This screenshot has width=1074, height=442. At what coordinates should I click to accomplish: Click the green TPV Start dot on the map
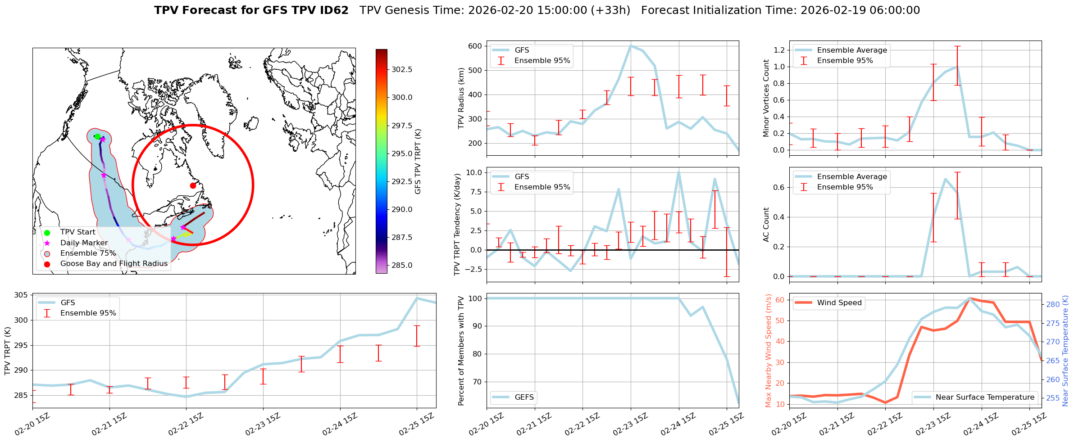(97, 136)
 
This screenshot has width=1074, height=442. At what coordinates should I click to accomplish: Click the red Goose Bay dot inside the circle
(193, 185)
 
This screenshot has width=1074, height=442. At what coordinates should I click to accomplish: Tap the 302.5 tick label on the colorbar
(401, 69)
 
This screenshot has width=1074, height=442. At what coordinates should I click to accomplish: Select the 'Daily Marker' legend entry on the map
(84, 243)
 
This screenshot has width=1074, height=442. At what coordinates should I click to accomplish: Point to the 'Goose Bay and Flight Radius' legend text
(114, 263)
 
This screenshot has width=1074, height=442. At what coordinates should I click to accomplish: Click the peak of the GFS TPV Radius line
(630, 45)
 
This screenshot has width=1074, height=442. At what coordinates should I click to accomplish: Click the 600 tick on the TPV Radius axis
(475, 46)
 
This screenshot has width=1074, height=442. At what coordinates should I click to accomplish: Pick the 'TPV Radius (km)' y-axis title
(461, 98)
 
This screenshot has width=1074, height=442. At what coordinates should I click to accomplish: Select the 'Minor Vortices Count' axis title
(766, 98)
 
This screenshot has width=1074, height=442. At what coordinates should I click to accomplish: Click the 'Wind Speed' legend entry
(839, 302)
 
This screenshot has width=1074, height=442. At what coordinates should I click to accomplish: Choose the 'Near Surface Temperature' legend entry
(984, 397)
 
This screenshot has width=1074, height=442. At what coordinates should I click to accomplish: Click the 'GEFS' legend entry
(524, 397)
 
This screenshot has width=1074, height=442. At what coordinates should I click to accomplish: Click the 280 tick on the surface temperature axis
(1053, 304)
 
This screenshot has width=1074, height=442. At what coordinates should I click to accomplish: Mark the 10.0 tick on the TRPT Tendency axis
(473, 172)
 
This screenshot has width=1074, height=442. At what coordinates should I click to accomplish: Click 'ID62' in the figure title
(334, 10)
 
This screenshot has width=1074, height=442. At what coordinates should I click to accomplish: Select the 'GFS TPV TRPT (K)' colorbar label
(418, 161)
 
